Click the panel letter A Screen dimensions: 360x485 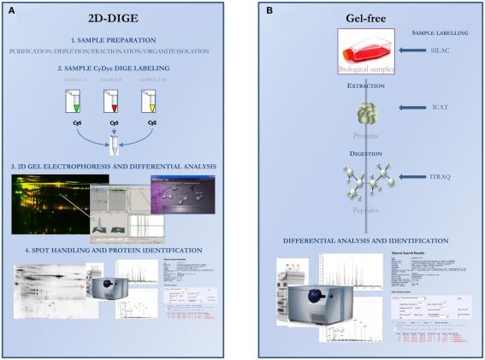13,12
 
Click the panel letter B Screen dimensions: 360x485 270,12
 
